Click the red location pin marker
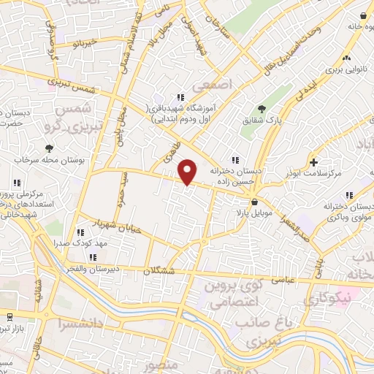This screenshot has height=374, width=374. click(x=188, y=171)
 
